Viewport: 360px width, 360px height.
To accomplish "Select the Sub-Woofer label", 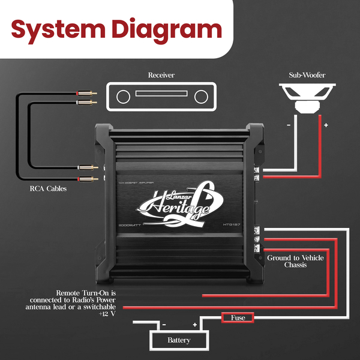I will tap(307, 76).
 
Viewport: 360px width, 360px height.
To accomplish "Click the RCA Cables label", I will tap(49, 188).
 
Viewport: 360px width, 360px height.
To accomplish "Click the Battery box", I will tap(179, 340).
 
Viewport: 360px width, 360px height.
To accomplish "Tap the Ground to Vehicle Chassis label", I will tap(295, 261).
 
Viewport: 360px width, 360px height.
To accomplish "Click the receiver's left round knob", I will tap(123, 96).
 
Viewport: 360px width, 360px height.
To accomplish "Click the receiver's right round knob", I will tap(201, 96).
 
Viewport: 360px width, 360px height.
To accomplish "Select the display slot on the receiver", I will tap(162, 93).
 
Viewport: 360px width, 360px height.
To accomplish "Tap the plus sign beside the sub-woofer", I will tap(326, 125).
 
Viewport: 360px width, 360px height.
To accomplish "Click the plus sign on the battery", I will tap(194, 325).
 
